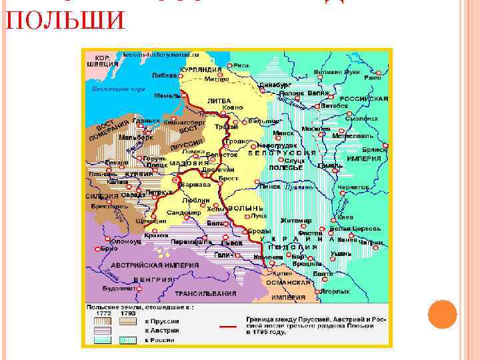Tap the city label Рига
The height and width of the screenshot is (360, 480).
(241, 65)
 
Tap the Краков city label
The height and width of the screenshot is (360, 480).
(159, 235)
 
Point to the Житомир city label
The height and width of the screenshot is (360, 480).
(296, 221)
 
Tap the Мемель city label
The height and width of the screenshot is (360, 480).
(167, 95)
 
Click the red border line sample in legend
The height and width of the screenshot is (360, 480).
(229, 327)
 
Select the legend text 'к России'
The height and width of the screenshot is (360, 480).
(160, 339)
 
